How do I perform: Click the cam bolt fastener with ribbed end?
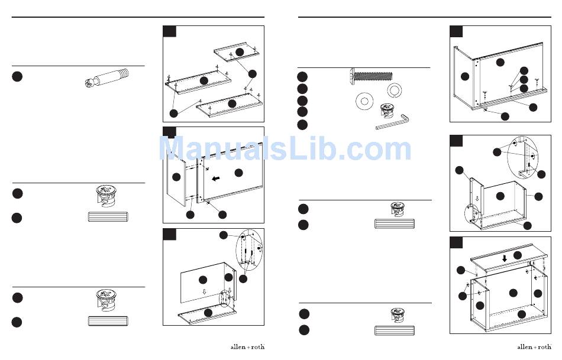107,77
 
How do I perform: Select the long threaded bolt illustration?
371,76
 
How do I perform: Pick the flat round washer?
364,101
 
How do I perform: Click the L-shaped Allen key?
392,122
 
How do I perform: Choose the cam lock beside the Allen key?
387,110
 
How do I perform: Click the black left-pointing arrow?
216,179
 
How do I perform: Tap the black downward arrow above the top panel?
505,258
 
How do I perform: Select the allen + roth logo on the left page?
247,347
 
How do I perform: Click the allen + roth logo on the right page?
534,347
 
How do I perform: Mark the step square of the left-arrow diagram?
170,132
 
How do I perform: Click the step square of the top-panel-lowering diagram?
456,242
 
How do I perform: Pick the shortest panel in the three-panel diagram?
237,53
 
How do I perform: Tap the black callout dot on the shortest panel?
240,52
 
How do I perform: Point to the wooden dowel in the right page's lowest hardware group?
394,330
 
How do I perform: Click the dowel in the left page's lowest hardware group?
108,321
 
